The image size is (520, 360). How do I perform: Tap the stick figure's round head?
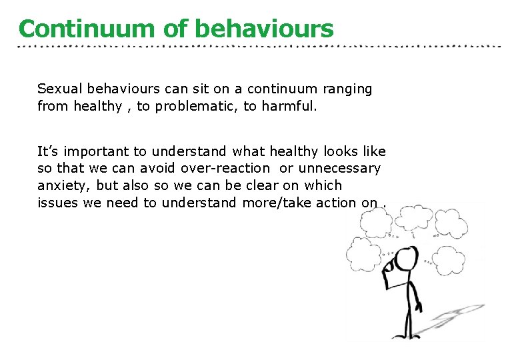(x=404, y=257)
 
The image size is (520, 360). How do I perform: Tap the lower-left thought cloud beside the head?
(x=365, y=253)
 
